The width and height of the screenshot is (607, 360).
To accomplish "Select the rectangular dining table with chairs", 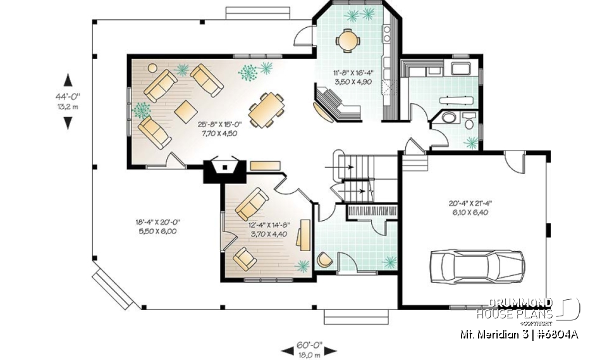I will [x=266, y=110].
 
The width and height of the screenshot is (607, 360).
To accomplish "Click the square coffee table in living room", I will [x=186, y=111].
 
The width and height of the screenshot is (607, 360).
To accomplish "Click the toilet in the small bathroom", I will [x=448, y=118].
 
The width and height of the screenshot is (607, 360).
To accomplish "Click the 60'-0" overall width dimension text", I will [x=310, y=350].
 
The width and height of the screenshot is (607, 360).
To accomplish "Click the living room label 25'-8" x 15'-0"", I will [x=216, y=129].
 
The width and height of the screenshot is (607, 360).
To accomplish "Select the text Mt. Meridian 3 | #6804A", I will [x=518, y=334].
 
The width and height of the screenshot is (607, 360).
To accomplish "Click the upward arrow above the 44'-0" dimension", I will [x=68, y=80].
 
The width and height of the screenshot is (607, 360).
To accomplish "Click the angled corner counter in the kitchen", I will [x=336, y=106].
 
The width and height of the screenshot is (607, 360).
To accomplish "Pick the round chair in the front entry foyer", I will [x=324, y=259].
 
